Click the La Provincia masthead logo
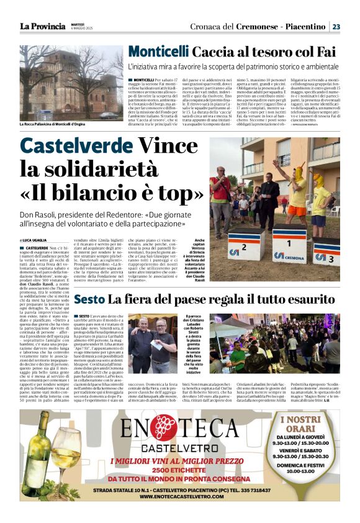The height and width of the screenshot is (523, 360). click(42, 27)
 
